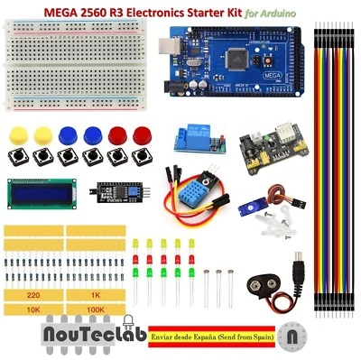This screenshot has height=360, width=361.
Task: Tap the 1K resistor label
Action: pos(94,294)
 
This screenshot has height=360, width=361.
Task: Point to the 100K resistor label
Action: pos(94,309)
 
